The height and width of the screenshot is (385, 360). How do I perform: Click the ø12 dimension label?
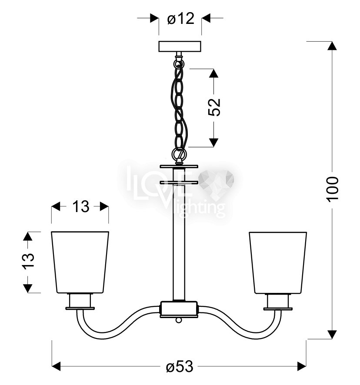click(x=180, y=19)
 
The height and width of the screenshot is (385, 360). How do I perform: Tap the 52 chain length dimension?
click(x=214, y=107)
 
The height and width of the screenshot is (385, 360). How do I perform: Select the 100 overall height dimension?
click(x=332, y=189)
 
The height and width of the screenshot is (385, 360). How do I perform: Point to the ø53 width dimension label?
click(x=180, y=367)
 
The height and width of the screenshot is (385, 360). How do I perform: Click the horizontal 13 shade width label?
click(x=80, y=206)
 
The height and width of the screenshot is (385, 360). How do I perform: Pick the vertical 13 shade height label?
click(x=29, y=261)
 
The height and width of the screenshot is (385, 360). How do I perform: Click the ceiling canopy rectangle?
click(x=180, y=46)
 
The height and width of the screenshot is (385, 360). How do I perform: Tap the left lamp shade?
click(x=80, y=262)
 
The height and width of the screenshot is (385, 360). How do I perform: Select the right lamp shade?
click(x=278, y=262)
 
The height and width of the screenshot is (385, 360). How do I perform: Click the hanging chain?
click(x=180, y=110)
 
